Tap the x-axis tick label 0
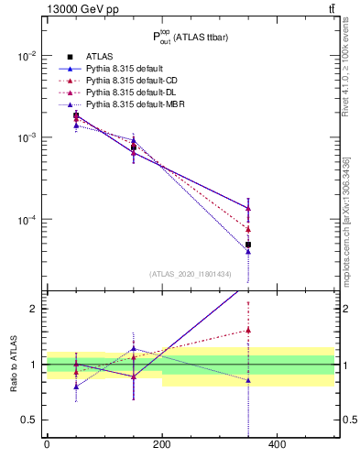[x=47, y=444]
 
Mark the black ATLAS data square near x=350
[x=247, y=245]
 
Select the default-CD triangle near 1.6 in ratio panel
[x=247, y=331]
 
